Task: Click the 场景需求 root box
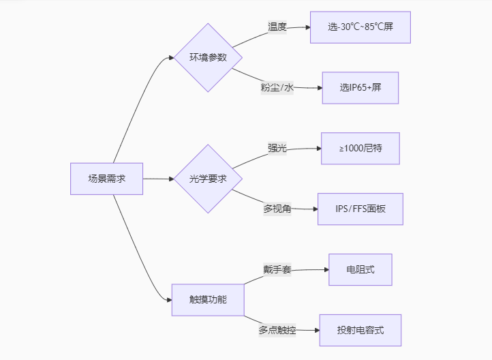coord(106,179)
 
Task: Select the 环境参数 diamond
coord(208,57)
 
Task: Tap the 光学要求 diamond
coord(208,179)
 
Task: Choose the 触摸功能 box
coord(208,300)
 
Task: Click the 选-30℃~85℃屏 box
coord(360,27)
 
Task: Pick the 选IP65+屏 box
coord(360,88)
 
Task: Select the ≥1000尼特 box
coord(360,149)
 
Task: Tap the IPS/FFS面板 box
coord(360,209)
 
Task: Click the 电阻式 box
coord(360,270)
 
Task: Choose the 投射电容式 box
coord(360,330)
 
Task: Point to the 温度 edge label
coord(277,27)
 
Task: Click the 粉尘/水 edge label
coord(277,88)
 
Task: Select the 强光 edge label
coord(277,149)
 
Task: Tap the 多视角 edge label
coord(277,209)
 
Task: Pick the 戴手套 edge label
coord(277,270)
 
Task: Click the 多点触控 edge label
coord(277,330)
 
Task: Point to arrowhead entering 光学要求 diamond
coord(171,179)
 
